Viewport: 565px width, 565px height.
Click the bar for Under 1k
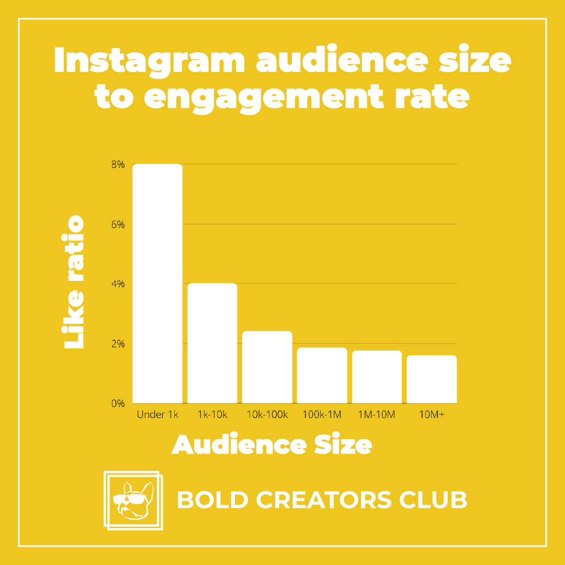point(157,284)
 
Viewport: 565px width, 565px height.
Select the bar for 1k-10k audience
point(212,343)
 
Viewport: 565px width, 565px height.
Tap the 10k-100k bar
point(267,367)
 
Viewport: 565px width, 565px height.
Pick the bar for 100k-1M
point(322,376)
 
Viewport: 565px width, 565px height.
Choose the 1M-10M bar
point(377,377)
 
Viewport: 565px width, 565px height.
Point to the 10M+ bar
point(432,379)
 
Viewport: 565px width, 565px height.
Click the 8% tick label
point(118,165)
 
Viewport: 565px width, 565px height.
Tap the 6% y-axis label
point(118,224)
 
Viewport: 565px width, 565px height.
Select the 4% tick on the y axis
point(118,284)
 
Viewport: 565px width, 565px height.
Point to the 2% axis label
point(118,344)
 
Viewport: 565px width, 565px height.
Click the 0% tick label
point(118,403)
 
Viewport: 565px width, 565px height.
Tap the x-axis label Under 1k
point(157,415)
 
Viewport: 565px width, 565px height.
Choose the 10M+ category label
point(431,415)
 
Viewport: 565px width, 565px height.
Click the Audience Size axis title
point(272,445)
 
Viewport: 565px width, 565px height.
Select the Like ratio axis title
point(73,282)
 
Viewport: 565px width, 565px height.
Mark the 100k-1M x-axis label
point(322,415)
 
